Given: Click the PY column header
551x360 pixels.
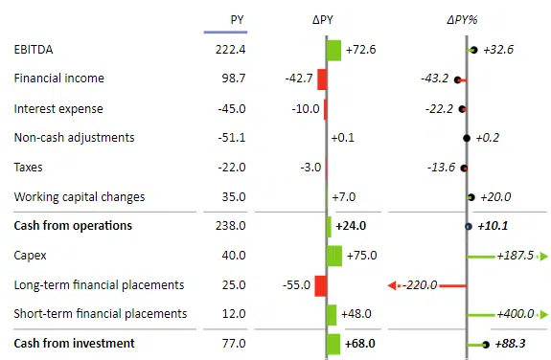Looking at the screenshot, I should point(237,19).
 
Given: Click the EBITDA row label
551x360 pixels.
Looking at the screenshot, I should point(34,49).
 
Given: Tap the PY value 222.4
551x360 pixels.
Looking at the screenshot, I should point(231,49).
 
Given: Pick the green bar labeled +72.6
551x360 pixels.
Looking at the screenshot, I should point(333,50).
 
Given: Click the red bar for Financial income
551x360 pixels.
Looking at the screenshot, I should point(322,79).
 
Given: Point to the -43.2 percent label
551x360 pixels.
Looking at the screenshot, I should point(435,79).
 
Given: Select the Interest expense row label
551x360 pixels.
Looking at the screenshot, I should point(58,108).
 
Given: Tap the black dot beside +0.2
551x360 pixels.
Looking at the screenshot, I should point(467,138).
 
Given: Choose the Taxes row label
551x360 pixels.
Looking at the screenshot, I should point(29,168).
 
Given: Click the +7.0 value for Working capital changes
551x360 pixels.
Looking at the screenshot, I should point(343,197).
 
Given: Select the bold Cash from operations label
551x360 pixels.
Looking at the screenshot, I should point(73,226).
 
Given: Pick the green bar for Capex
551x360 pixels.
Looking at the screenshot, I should point(334,256).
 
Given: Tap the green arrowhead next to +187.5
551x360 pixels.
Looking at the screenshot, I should point(543,256).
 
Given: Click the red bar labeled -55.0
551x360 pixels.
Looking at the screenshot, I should point(321,285).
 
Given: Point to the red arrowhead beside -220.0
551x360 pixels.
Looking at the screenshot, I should point(391,285).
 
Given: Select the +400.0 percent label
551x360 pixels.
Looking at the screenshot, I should point(516,314).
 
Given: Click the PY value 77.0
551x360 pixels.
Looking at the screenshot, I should point(234,343).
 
